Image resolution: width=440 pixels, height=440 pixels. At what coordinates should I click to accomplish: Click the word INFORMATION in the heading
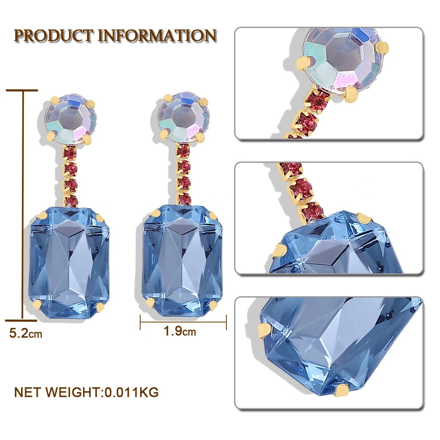pos(157,36)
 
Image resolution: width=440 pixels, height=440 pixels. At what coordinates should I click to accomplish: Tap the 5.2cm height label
pos(26,334)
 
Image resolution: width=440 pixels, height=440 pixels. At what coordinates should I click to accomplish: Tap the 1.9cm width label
pos(180,331)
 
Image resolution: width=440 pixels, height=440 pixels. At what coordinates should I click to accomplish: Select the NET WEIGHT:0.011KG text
pos(86,391)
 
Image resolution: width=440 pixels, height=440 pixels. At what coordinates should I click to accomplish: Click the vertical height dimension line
pos(22,204)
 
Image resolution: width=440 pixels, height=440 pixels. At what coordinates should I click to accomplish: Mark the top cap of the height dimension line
pos(22,91)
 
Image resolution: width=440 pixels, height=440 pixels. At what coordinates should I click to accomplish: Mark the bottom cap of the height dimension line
pos(22,319)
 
